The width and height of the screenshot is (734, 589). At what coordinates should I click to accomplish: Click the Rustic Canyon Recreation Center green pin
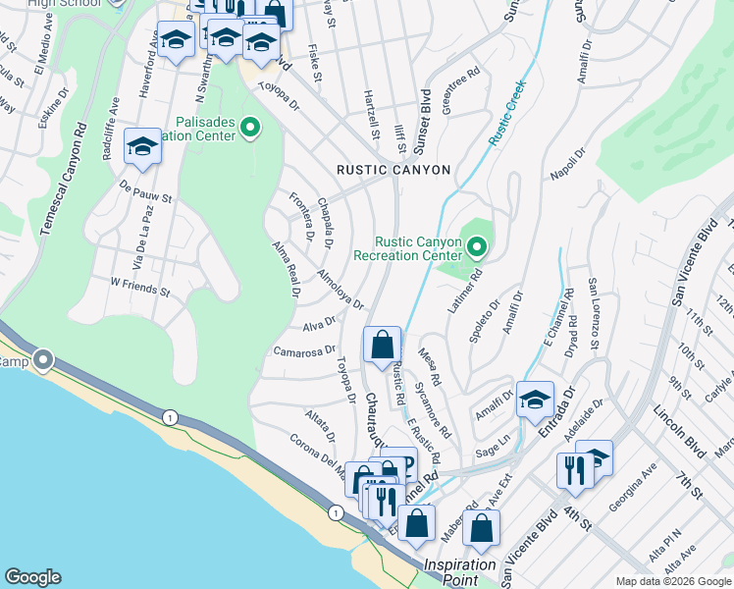(476, 246)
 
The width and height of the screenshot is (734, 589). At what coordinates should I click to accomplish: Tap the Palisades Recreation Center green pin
(250, 127)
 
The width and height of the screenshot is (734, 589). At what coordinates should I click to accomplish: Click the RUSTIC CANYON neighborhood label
(393, 170)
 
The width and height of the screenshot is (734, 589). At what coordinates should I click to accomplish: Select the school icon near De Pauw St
(142, 147)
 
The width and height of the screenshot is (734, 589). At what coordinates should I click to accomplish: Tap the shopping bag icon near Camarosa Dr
(382, 345)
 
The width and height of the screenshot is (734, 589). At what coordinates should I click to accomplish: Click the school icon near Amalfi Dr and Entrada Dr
(535, 399)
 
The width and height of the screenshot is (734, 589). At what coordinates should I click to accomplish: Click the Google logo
(32, 577)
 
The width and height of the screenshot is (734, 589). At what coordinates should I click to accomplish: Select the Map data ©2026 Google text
(672, 581)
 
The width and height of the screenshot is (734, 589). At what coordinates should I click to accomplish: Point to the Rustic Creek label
(509, 113)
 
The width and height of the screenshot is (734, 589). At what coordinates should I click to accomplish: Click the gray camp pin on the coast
(43, 360)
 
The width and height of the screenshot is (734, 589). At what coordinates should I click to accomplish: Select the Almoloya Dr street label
(340, 289)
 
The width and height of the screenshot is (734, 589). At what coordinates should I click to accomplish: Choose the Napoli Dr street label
(566, 163)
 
